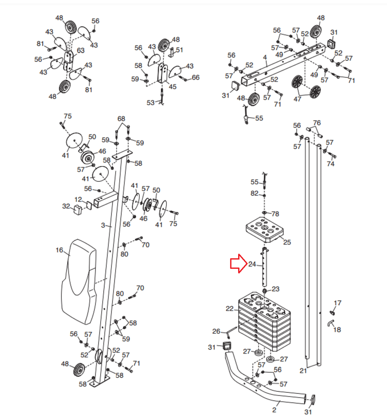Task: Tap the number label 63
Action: (81, 50)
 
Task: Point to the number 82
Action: (254, 193)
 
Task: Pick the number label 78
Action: (275, 214)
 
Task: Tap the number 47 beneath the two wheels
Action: (297, 99)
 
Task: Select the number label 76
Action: (317, 123)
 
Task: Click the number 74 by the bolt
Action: (331, 164)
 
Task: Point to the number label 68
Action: (121, 119)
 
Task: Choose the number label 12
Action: (78, 199)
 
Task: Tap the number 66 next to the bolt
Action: (196, 77)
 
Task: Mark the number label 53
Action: (150, 103)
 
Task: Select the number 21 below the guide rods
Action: (303, 371)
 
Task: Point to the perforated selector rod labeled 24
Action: (264, 267)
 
